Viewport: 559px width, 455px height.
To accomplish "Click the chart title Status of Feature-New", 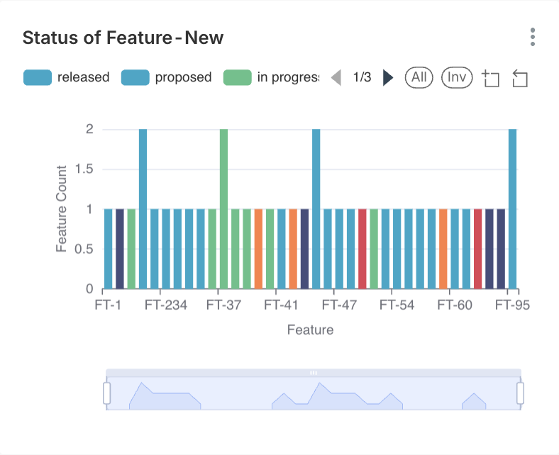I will point(123,38).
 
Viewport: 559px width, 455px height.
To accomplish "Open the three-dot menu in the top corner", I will point(532,38).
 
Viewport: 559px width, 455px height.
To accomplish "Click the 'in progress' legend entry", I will point(271,77).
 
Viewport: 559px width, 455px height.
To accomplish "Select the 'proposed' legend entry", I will point(167,77).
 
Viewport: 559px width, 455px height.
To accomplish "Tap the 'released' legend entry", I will point(67,77).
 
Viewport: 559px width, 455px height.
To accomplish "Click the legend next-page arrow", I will point(388,77).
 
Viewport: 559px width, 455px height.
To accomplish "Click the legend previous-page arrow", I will point(336,77).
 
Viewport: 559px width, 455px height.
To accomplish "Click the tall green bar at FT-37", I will point(223,209).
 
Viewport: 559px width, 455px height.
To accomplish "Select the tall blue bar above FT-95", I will point(512,209).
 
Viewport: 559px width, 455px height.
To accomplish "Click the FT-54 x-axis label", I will point(397,305).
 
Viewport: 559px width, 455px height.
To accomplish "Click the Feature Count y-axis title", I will point(62,209).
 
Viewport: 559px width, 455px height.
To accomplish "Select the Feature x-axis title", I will point(310,330).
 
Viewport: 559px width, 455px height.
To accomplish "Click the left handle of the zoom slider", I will point(107,393).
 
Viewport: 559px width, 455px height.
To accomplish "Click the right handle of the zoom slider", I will point(520,393).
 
